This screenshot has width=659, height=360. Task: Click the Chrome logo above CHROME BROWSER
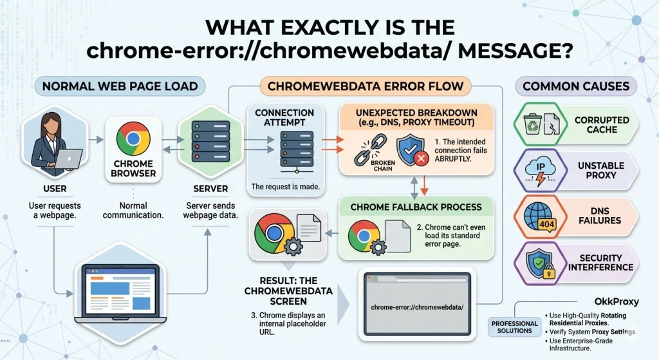click(133, 138)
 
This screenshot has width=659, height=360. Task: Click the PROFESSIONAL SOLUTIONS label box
click(514, 327)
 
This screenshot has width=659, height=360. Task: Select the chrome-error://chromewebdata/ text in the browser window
click(417, 307)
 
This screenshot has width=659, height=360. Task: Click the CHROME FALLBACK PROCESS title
click(416, 207)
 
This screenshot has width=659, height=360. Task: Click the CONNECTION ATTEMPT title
click(284, 117)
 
